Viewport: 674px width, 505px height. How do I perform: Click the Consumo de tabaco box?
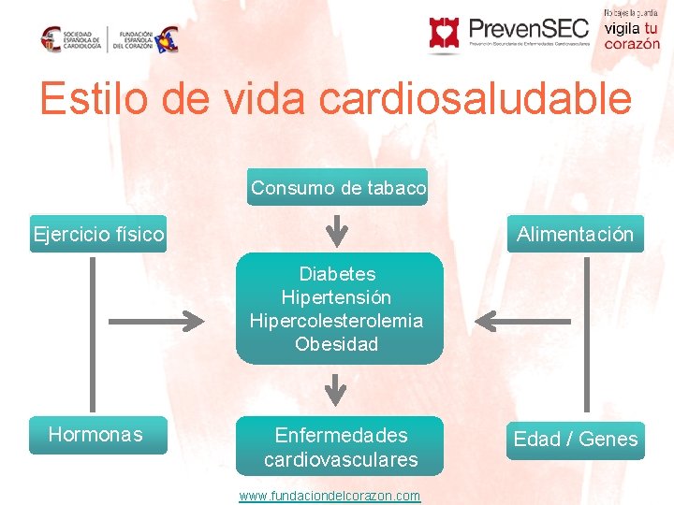pos(337,187)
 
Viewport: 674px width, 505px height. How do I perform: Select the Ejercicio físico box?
pos(98,234)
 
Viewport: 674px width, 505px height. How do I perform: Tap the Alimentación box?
pos(575,234)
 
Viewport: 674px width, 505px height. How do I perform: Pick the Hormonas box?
pos(96,435)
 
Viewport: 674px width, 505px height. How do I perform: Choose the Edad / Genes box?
pos(575,439)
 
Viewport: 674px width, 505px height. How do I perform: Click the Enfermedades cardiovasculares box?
pos(340,447)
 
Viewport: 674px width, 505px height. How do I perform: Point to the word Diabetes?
pos(337,274)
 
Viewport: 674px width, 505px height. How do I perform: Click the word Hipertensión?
pos(337,297)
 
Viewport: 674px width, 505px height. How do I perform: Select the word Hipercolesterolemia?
pos(337,321)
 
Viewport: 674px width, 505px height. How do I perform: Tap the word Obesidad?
pos(337,344)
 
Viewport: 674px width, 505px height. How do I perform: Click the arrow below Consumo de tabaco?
pos(337,230)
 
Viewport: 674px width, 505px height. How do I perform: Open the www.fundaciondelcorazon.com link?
pos(330,496)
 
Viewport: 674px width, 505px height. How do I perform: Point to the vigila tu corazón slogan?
pos(631,36)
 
